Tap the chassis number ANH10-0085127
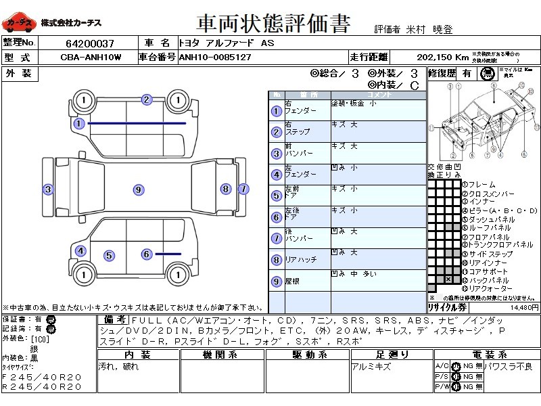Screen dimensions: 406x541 click(215, 58)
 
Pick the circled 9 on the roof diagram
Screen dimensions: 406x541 click(138, 190)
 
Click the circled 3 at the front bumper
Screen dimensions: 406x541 click(48, 189)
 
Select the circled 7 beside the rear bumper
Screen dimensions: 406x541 click(243, 189)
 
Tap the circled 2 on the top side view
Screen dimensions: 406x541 click(146, 100)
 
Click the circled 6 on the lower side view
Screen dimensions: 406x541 click(146, 254)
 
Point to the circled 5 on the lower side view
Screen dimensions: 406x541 click(108, 256)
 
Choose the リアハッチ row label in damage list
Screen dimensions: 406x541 click(300, 259)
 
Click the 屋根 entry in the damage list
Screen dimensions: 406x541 click(292, 281)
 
